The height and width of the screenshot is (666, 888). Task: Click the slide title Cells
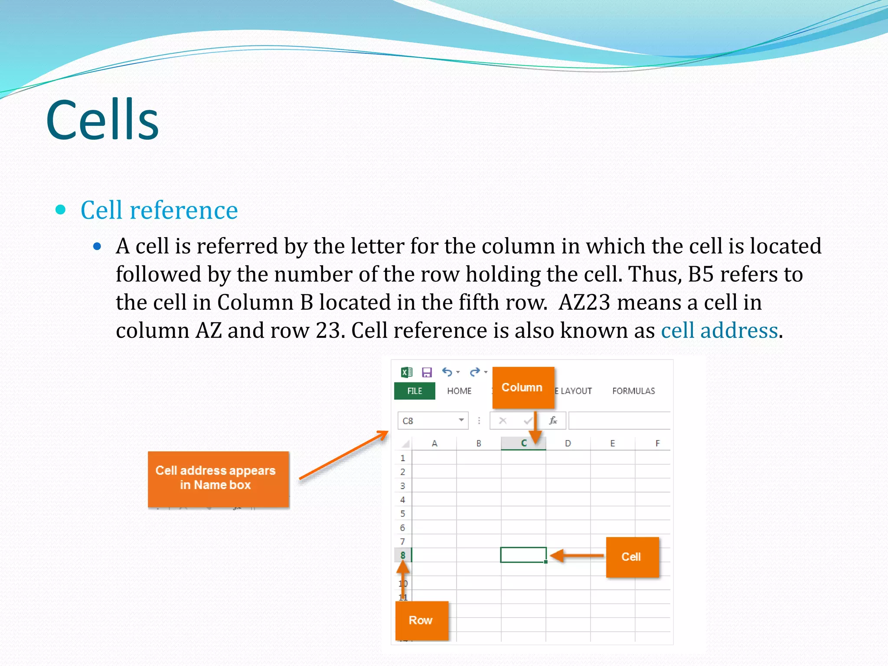[x=102, y=120]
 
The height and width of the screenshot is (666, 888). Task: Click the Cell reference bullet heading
[x=159, y=210]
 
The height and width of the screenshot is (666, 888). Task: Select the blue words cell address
[x=719, y=331]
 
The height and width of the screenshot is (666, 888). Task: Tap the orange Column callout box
[x=523, y=388]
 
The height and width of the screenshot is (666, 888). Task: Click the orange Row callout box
[x=421, y=620]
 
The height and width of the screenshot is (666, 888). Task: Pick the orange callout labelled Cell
[x=632, y=557]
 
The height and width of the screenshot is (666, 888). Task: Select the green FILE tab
[x=414, y=391]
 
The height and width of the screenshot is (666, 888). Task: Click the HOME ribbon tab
[x=459, y=391]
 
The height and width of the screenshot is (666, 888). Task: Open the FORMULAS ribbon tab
[x=633, y=391]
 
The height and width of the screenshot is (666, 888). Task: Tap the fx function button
[x=553, y=421]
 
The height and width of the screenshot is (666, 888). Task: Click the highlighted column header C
[x=523, y=444]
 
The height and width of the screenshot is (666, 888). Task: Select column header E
[x=612, y=444]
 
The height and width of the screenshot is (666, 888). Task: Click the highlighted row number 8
[x=403, y=555]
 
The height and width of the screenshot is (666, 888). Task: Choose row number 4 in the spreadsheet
[x=403, y=500]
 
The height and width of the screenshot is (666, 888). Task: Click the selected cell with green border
[x=523, y=555]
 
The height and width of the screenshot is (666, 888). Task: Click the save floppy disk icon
[x=427, y=372]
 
